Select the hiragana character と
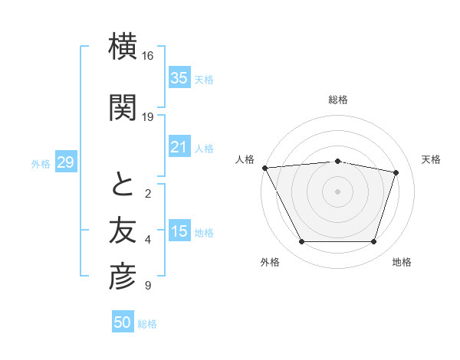123,185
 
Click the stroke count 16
148,56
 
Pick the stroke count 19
148,117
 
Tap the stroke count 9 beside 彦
147,286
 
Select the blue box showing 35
179,78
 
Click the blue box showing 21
179,147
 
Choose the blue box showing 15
179,231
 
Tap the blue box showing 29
65,162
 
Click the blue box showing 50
123,322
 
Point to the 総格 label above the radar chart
338,100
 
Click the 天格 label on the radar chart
431,159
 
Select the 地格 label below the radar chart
402,262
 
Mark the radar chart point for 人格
264,167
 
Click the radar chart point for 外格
302,242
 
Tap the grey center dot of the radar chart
338,191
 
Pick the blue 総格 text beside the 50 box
147,324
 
